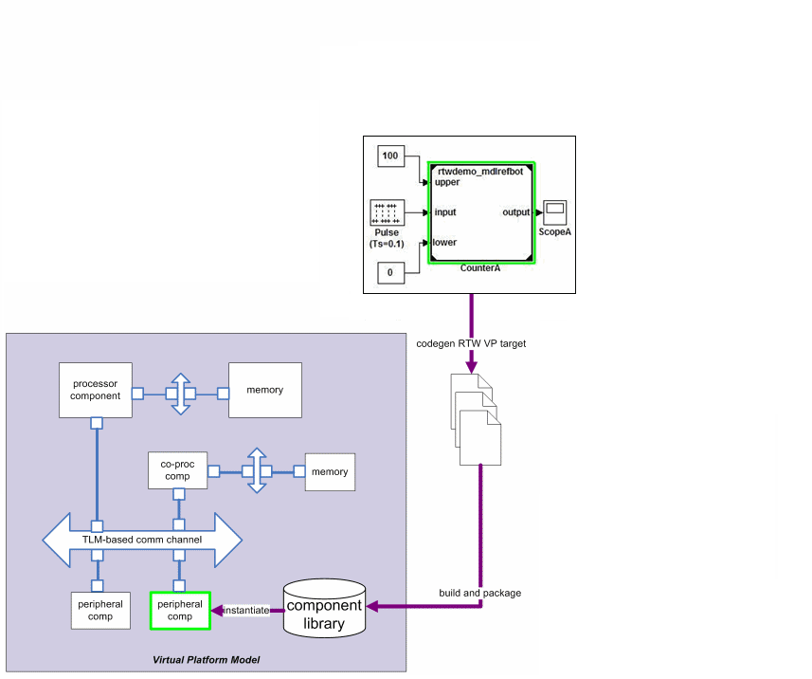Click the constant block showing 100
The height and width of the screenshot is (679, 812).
[x=390, y=155]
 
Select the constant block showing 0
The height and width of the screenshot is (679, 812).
[x=390, y=273]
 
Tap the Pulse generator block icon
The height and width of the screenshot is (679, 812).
[x=387, y=213]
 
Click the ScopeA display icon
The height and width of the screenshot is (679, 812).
[x=554, y=212]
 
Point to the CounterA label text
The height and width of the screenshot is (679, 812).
[x=480, y=268]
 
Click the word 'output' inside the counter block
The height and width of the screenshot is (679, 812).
[x=515, y=212]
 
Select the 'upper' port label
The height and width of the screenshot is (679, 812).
[x=447, y=182]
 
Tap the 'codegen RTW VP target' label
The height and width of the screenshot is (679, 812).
[x=471, y=343]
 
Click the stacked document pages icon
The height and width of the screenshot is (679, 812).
[x=476, y=417]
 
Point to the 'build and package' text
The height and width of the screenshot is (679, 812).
[x=479, y=593]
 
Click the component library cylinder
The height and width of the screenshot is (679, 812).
[x=325, y=608]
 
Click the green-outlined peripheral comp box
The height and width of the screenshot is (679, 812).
[x=180, y=610]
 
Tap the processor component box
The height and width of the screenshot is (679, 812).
[x=95, y=390]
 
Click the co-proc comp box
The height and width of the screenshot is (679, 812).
[x=178, y=470]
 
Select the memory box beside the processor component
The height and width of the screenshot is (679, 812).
[x=265, y=390]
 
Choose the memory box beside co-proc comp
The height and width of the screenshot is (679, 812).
[x=330, y=471]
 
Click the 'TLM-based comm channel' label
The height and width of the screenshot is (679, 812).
[x=142, y=540]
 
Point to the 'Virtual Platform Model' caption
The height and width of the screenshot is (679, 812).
[x=207, y=659]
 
